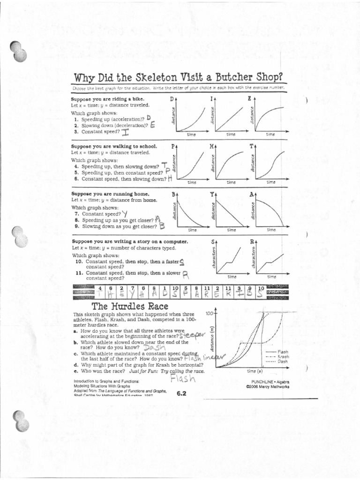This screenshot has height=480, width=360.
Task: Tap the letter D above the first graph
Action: point(172,99)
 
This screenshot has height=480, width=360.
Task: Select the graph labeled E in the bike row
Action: point(268,116)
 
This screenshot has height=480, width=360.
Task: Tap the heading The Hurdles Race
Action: point(120,306)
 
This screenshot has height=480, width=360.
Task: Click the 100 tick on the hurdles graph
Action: point(209,313)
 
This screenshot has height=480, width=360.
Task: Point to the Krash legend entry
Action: point(283,357)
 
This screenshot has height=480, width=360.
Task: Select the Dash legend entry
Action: point(283,361)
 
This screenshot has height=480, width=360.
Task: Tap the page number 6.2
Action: point(182,393)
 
